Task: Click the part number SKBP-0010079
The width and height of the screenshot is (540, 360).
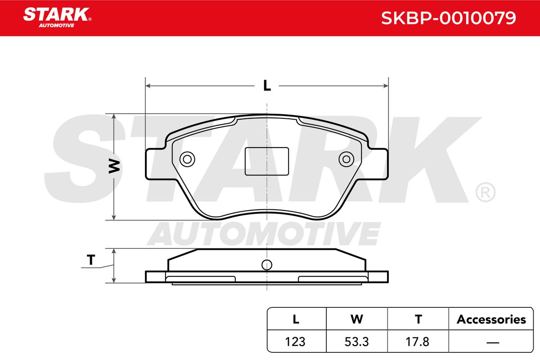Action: (448, 18)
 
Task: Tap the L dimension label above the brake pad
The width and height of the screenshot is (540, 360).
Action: (267, 85)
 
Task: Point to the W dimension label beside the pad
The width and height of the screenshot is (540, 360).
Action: (114, 166)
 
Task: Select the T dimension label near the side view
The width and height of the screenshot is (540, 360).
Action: (91, 260)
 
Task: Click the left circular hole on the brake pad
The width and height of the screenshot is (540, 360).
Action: (187, 159)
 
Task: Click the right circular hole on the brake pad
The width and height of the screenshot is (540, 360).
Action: (346, 159)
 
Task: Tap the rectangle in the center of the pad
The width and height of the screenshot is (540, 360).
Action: (267, 161)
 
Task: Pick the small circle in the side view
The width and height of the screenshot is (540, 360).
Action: (267, 265)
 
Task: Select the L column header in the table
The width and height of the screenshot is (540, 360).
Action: (296, 319)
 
